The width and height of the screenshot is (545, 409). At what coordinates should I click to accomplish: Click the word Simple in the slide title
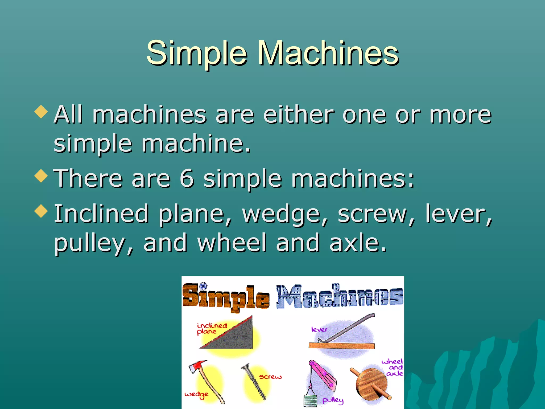197,53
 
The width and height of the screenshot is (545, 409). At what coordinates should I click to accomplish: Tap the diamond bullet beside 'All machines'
41,112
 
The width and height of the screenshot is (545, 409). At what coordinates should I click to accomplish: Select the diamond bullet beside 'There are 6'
41,176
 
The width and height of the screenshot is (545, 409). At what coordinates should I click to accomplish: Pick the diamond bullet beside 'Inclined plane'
41,211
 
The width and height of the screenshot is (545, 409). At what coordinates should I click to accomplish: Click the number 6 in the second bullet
187,178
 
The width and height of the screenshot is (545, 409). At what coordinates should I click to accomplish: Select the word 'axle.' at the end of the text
358,243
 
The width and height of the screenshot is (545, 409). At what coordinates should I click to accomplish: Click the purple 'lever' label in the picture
319,330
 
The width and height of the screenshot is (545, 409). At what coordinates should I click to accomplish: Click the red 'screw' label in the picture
270,377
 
